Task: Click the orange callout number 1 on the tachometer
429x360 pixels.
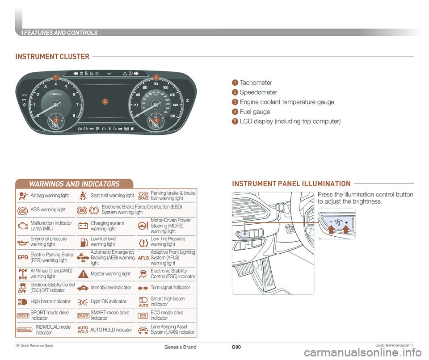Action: [55, 79]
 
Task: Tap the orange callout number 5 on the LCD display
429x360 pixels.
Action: [104, 102]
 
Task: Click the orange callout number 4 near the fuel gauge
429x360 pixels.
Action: [156, 121]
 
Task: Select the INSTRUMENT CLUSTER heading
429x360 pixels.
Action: [52, 56]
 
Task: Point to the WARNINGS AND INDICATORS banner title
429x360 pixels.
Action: [74, 184]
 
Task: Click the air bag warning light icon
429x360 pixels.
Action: [23, 196]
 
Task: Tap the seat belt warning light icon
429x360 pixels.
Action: [83, 196]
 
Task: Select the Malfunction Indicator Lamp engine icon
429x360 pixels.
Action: [23, 226]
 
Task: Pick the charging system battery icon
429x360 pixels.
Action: [83, 226]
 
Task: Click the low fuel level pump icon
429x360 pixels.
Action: [83, 242]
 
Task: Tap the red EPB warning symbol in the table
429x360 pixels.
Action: [23, 258]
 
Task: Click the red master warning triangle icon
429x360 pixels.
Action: [83, 273]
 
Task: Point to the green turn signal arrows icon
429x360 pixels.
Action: [143, 288]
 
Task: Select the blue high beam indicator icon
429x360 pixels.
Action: [23, 302]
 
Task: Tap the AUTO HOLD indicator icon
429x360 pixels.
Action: [83, 330]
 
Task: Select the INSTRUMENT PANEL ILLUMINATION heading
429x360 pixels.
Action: [291, 184]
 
